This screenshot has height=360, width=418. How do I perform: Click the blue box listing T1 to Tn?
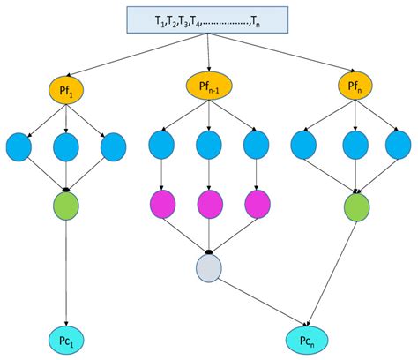208,19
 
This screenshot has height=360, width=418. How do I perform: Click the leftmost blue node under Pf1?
19,147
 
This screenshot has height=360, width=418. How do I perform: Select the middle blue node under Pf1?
65,147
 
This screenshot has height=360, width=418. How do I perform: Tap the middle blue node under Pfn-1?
208,145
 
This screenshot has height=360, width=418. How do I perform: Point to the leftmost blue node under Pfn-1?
160,145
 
